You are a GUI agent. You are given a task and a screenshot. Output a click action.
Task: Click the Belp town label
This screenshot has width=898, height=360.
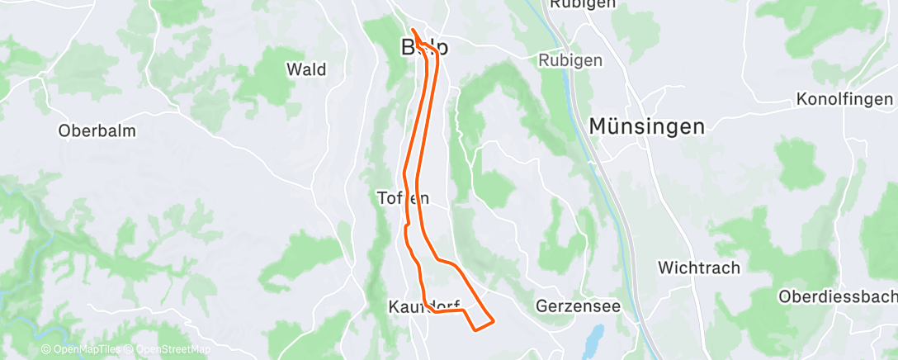(425, 46)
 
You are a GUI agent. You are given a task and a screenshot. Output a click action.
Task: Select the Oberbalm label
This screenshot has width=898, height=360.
(97, 130)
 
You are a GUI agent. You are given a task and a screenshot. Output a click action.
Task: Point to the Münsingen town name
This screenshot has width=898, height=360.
(647, 126)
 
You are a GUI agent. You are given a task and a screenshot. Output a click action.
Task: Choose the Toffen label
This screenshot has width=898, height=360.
(403, 198)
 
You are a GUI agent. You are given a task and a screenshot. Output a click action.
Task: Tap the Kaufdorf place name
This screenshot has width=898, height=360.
(423, 307)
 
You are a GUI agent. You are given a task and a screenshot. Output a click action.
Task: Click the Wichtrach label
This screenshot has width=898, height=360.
(699, 268)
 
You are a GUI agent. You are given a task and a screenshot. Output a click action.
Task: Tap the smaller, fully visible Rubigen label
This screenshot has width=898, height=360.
(570, 61)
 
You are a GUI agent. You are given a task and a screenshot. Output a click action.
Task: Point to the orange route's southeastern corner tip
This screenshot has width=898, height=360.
(493, 320)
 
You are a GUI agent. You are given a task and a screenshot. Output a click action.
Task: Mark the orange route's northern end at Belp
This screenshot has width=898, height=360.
(412, 31)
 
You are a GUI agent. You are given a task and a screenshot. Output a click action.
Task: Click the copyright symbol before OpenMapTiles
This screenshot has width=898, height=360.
(46, 350)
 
